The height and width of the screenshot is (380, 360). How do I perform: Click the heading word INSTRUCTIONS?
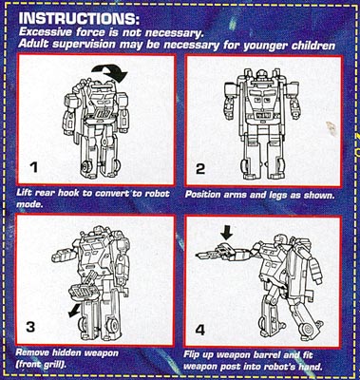pyautogui.click(x=79, y=19)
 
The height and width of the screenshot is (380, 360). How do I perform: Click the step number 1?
pyautogui.click(x=32, y=166)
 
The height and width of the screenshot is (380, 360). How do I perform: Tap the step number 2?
pyautogui.click(x=200, y=169)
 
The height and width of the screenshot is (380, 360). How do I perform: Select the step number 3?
pyautogui.click(x=30, y=327)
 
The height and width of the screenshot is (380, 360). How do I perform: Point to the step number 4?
pyautogui.click(x=199, y=330)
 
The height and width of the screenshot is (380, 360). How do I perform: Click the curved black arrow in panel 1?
pyautogui.click(x=110, y=71)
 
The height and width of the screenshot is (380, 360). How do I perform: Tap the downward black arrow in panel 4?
pyautogui.click(x=227, y=234)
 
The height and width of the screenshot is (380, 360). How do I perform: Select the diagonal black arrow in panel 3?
pyautogui.click(x=75, y=311)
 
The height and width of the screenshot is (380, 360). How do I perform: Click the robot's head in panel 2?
pyautogui.click(x=262, y=76)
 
